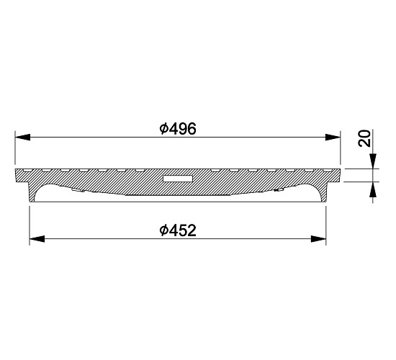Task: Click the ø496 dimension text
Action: [178, 129]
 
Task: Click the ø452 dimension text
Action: [178, 230]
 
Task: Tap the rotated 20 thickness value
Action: [364, 138]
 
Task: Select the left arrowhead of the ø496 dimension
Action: [23, 138]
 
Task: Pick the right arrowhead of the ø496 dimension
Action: [333, 138]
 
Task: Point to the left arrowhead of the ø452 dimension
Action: [37, 239]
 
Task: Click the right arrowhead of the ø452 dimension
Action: [318, 239]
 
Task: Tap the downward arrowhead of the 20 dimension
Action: [373, 161]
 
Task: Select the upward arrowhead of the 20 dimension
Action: [373, 189]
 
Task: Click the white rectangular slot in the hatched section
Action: [178, 179]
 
